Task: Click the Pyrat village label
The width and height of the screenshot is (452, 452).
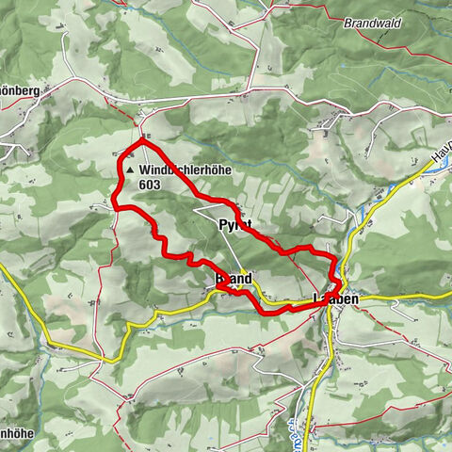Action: click(x=235, y=225)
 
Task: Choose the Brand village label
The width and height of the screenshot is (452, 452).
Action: click(x=233, y=280)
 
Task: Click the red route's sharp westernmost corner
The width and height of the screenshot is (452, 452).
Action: click(x=114, y=203)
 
